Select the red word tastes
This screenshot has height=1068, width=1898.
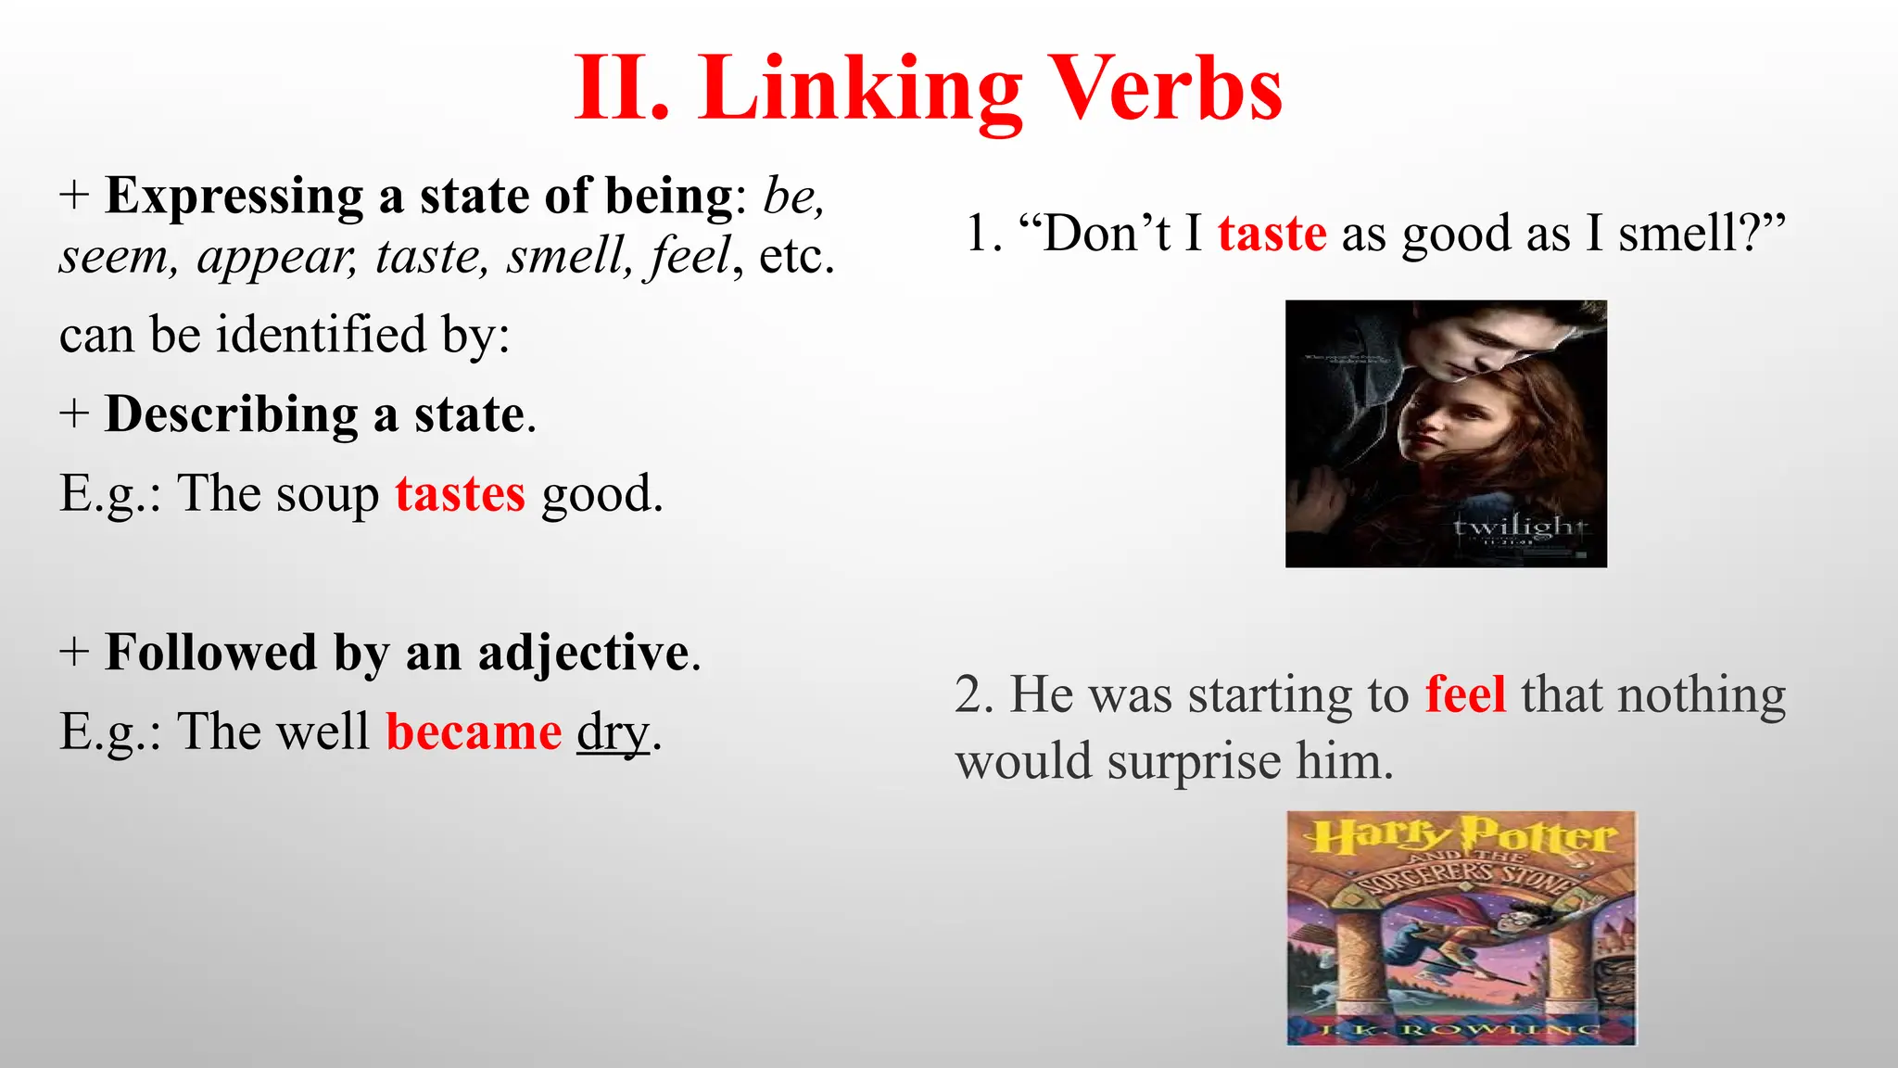(x=460, y=494)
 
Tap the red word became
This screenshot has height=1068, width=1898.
(x=474, y=732)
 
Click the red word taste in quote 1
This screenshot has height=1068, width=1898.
(x=1272, y=234)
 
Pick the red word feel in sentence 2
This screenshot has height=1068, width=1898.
(x=1464, y=694)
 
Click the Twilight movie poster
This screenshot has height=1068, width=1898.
(x=1446, y=433)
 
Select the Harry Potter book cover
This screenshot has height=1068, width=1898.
(x=1461, y=928)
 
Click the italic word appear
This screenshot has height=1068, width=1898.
(x=276, y=257)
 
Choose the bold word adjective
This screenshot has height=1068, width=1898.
(x=584, y=653)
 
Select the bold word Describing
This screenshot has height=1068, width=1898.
(x=231, y=414)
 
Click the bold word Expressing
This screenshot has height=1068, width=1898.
(x=234, y=197)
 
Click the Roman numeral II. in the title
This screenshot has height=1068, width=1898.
(x=621, y=91)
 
